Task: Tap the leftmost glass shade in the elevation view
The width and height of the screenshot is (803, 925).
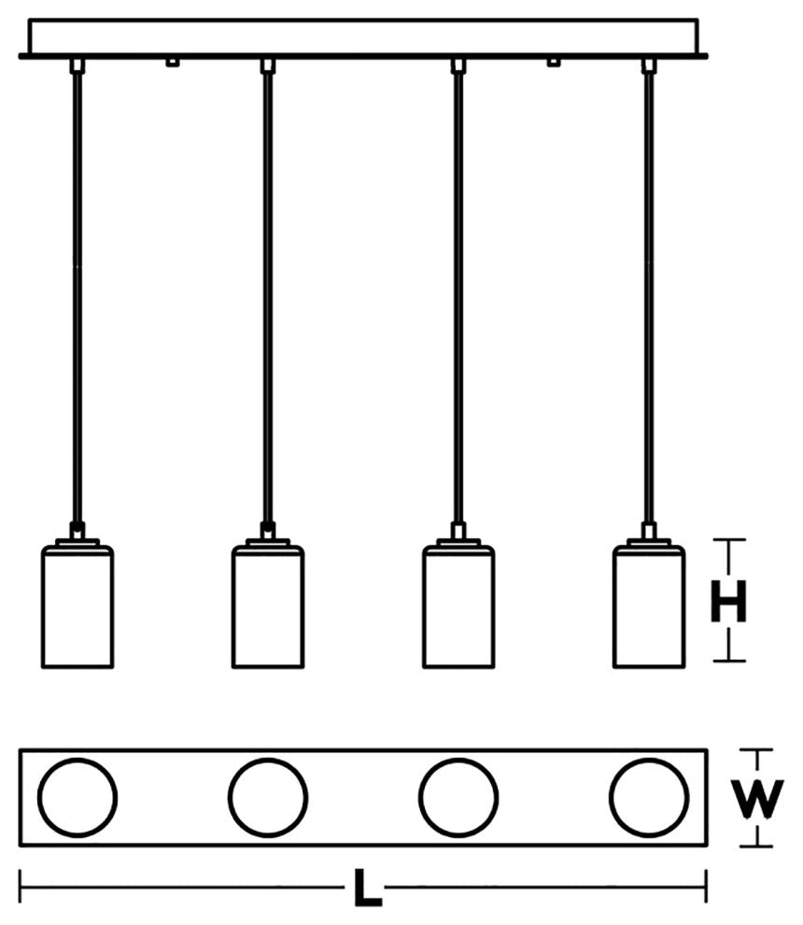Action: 77,607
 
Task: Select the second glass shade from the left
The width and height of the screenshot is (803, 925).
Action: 268,607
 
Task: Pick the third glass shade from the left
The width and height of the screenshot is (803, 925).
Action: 458,607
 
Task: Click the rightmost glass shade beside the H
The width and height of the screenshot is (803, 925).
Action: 649,607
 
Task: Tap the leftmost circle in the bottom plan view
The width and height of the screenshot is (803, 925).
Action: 77,798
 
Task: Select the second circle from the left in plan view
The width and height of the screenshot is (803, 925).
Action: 268,798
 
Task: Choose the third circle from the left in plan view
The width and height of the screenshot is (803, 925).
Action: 458,798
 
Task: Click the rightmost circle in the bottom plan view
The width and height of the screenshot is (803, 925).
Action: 649,798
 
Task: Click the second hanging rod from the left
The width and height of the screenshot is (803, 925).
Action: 268,299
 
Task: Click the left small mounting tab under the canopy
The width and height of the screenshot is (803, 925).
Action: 171,63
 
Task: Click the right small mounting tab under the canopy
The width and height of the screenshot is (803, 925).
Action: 554,63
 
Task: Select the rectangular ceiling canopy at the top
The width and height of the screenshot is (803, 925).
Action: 364,36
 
